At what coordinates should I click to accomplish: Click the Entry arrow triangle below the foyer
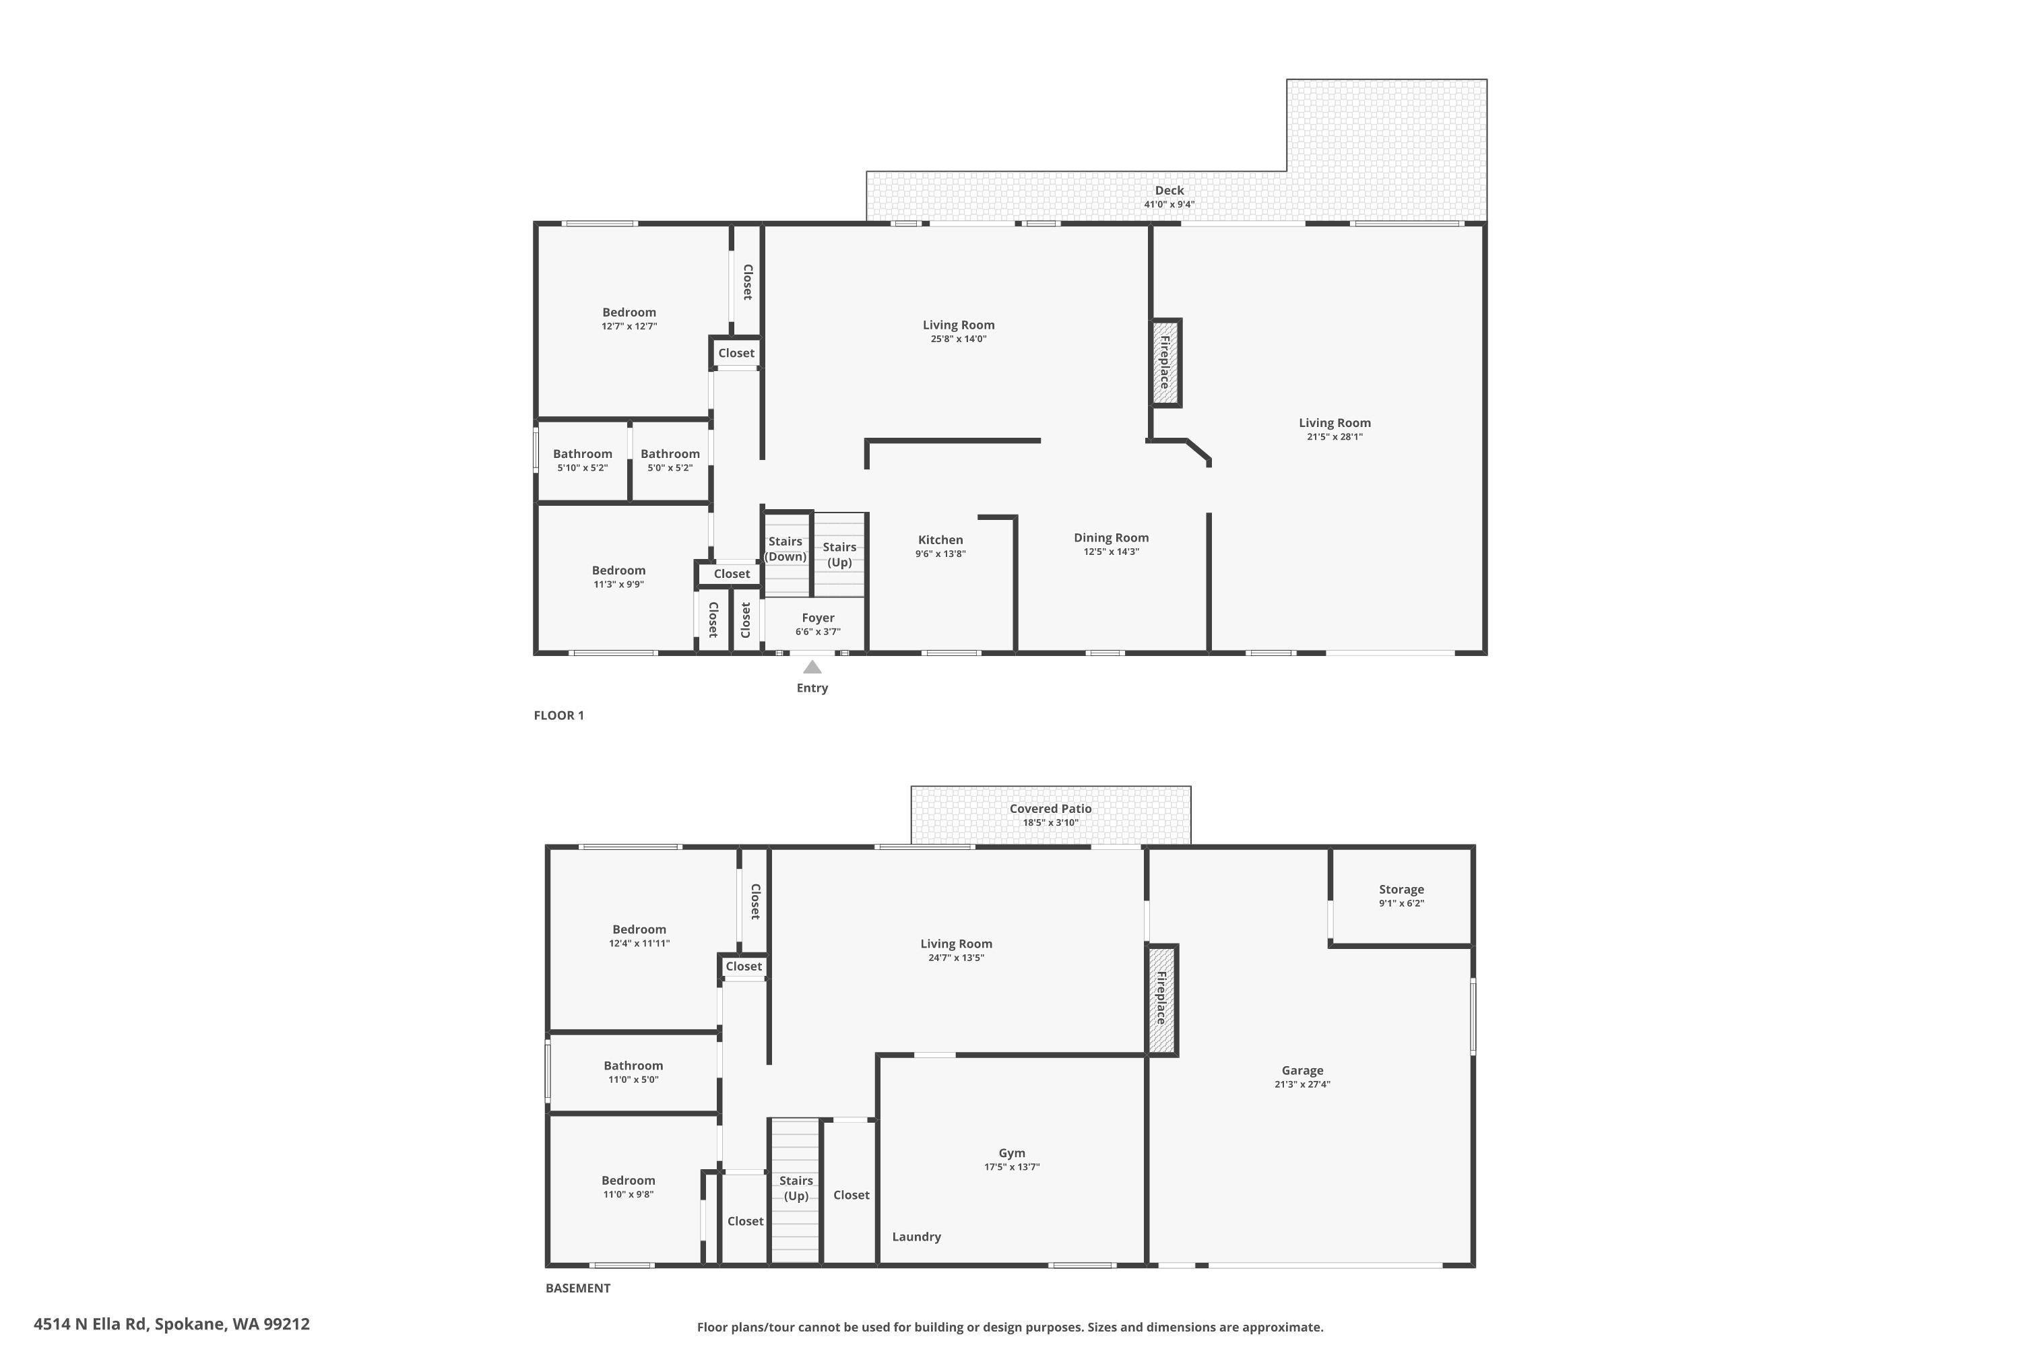tap(812, 667)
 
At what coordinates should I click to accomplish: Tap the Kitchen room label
tap(940, 539)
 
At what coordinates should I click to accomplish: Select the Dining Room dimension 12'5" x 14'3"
tap(1111, 552)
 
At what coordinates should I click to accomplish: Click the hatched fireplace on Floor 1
tap(1166, 362)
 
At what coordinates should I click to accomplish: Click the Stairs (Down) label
tap(785, 548)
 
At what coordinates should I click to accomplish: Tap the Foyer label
tap(818, 618)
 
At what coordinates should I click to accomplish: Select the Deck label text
tap(1169, 191)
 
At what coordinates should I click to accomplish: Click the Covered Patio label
tap(1050, 808)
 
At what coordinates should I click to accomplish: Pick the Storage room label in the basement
tap(1401, 889)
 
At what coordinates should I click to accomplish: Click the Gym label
tap(1011, 1153)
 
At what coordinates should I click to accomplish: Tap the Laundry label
tap(916, 1236)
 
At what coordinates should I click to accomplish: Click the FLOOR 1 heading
tap(558, 715)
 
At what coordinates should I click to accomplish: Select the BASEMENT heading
tap(577, 1288)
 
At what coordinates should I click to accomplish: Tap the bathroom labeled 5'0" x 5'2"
tap(670, 459)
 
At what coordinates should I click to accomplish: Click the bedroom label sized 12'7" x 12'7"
tap(629, 318)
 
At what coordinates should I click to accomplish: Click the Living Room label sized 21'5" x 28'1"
tap(1335, 428)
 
